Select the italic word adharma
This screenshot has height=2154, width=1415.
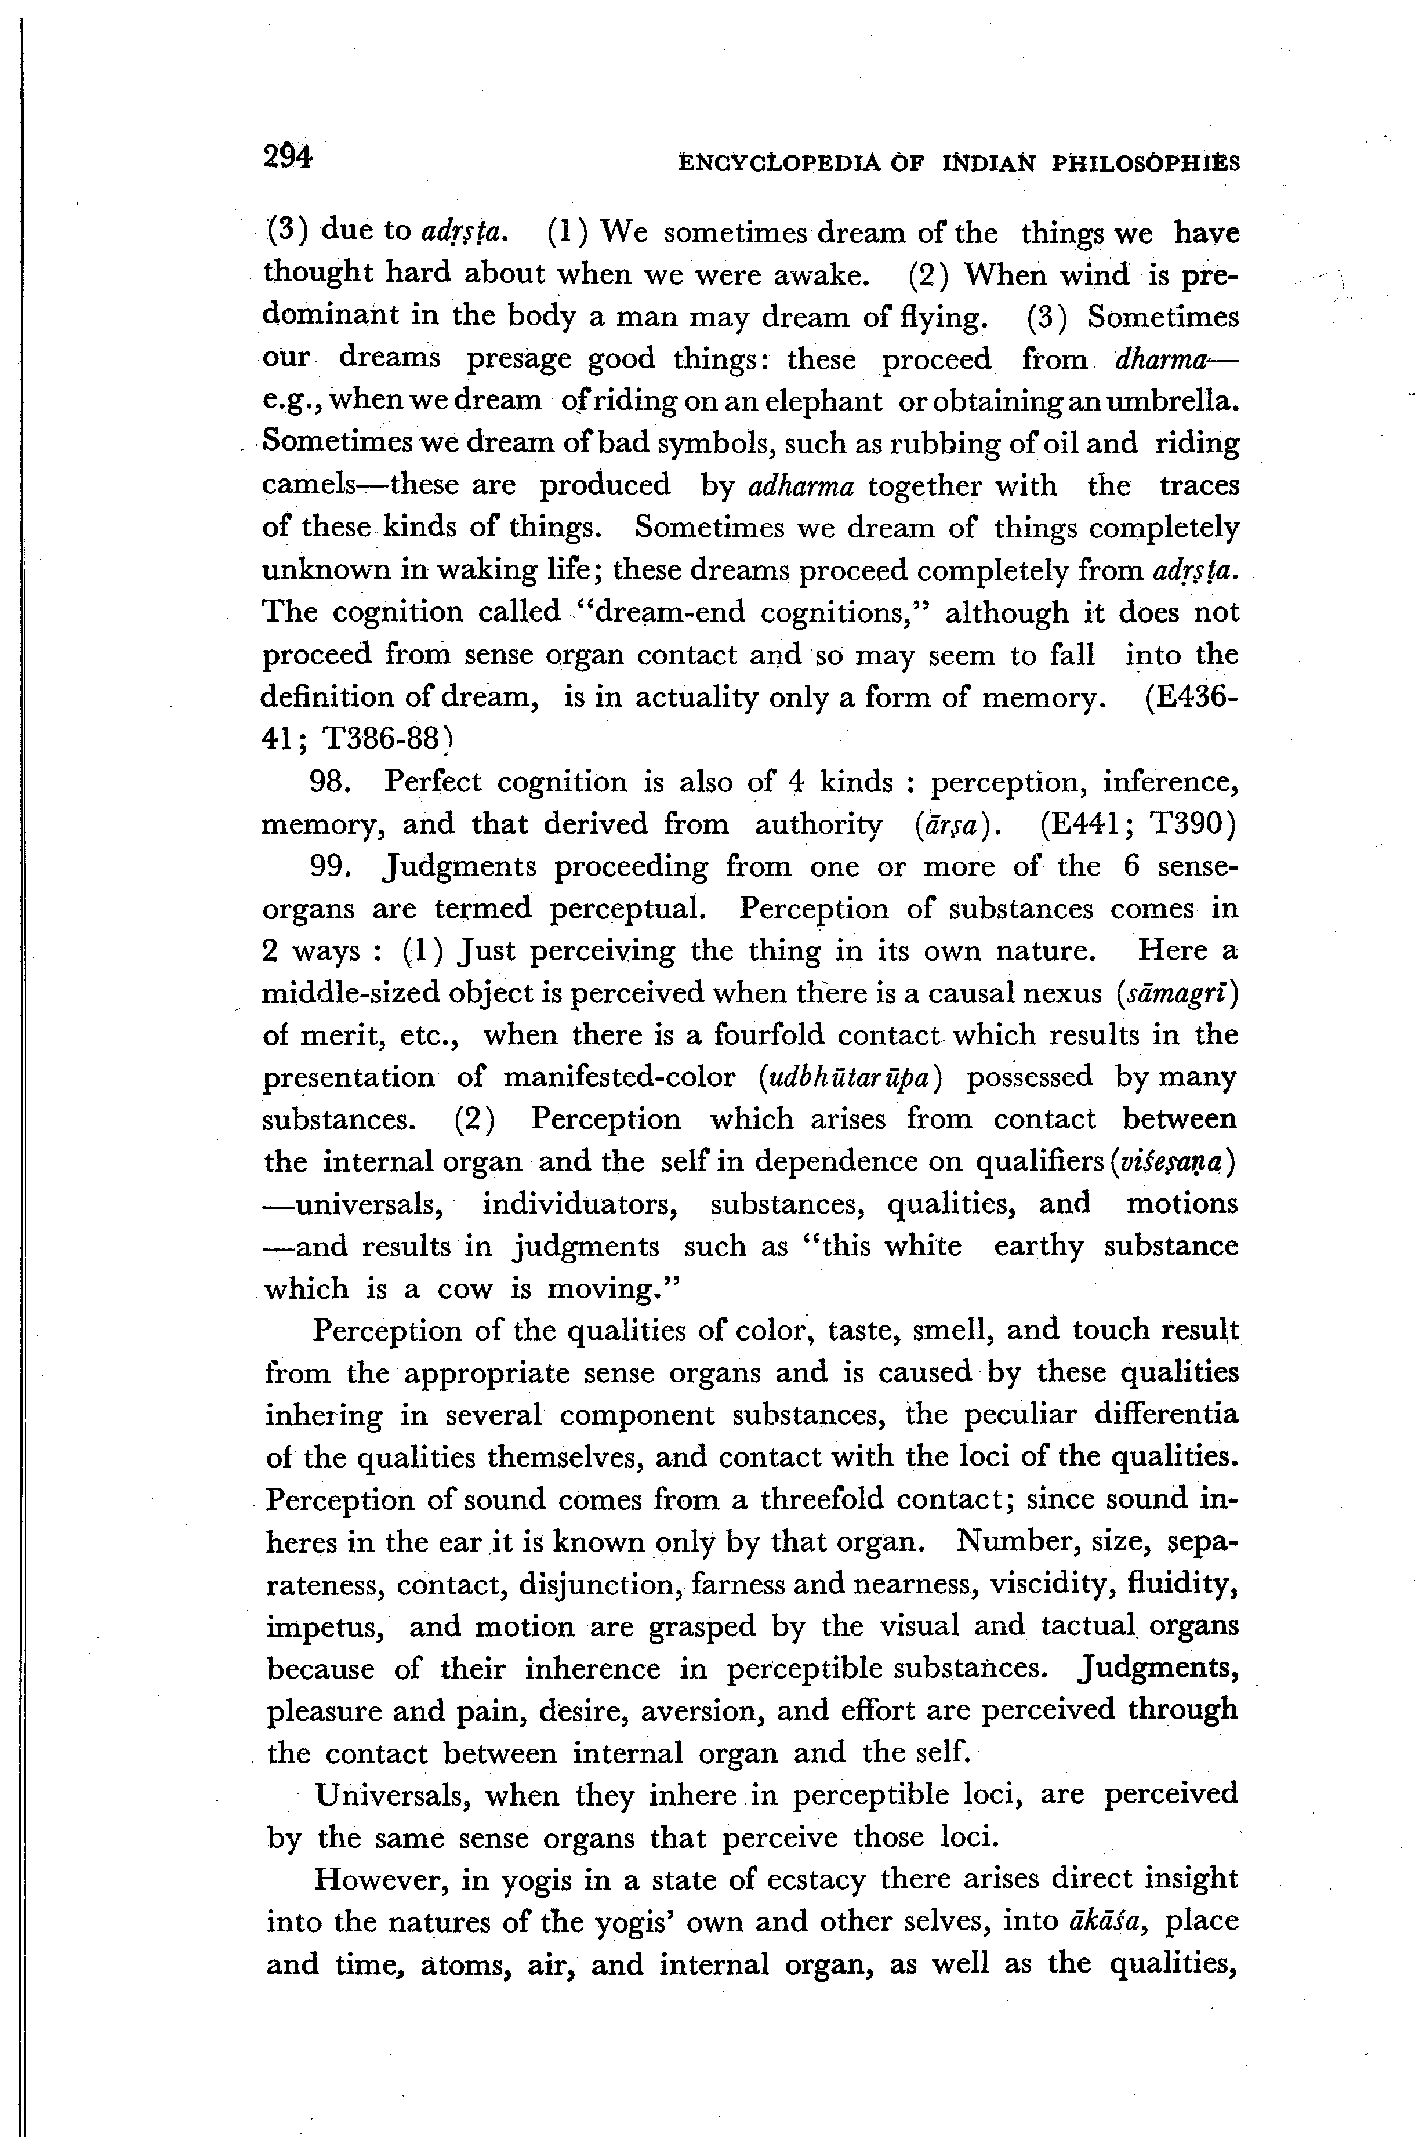(801, 486)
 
